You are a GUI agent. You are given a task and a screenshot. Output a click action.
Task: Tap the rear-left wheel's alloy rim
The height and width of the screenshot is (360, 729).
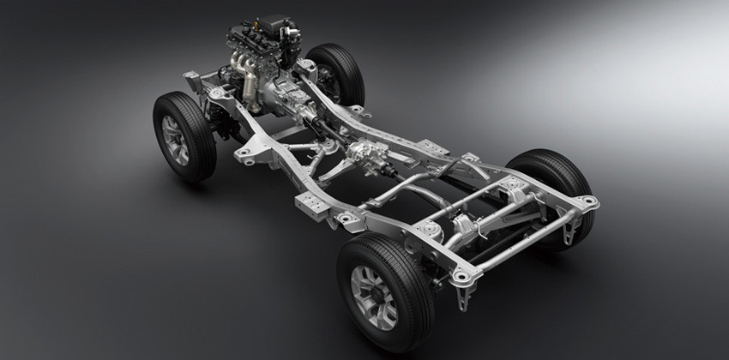[374, 297]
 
